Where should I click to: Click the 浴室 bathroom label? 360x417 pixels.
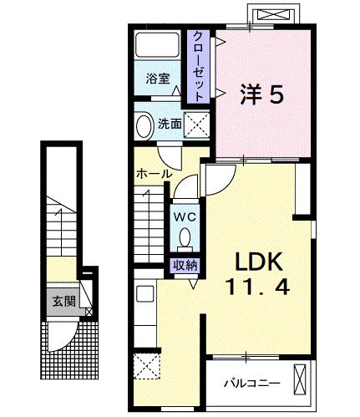tap(159, 79)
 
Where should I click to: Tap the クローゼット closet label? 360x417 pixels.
tap(199, 67)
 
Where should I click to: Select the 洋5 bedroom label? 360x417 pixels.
tap(262, 94)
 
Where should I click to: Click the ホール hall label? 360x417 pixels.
tap(154, 173)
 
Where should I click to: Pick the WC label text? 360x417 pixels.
tap(185, 216)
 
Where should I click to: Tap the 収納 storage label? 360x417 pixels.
tap(185, 265)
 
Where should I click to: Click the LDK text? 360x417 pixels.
tap(259, 261)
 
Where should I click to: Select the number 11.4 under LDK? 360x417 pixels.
tap(259, 288)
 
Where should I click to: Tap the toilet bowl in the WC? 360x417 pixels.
tap(185, 241)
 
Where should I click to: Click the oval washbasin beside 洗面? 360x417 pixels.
tap(144, 125)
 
